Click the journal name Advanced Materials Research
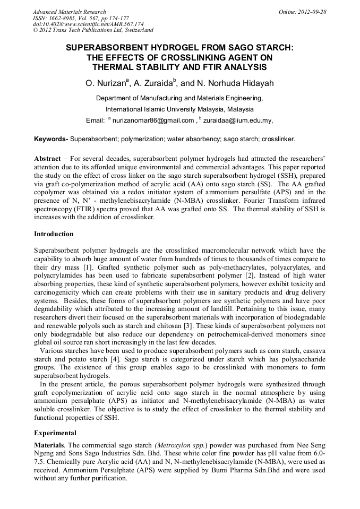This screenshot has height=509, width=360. [x=69, y=12]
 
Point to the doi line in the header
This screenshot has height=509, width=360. [x=88, y=24]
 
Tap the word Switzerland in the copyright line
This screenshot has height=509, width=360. [x=135, y=30]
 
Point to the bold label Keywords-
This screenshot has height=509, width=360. [x=51, y=139]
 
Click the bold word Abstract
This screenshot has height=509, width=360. [x=47, y=159]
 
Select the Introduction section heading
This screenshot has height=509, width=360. [x=54, y=234]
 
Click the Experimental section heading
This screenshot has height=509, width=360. [x=55, y=433]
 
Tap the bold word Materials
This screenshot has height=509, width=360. [x=49, y=444]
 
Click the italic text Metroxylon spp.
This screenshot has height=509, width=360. [x=181, y=444]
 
